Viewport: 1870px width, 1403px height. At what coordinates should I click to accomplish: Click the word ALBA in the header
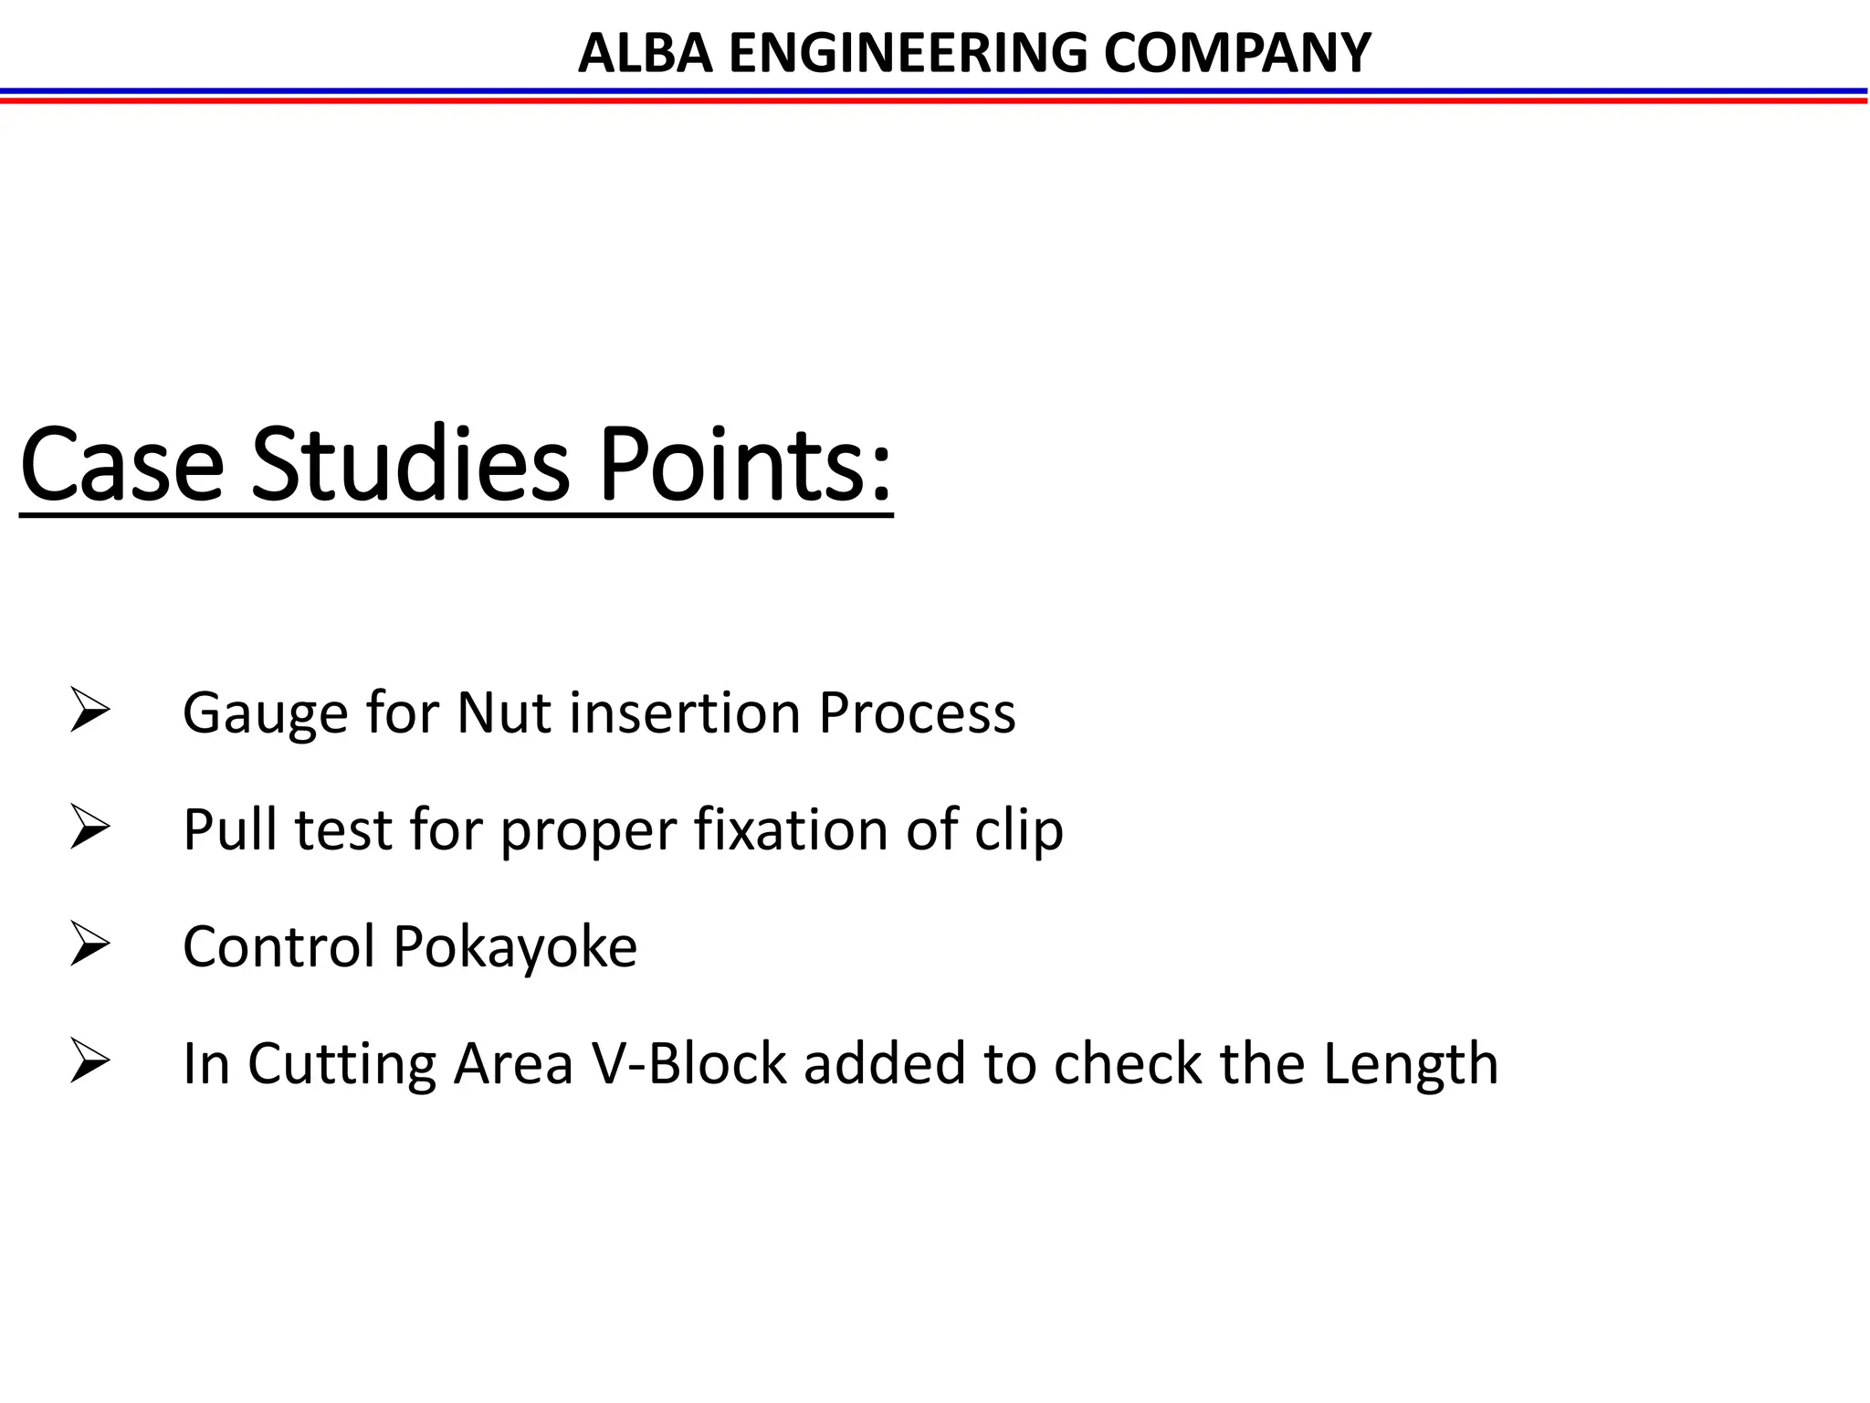[645, 53]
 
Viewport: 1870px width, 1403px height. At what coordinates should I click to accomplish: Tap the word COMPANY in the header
[1237, 53]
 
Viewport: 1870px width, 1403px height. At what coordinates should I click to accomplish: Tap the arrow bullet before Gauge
[89, 712]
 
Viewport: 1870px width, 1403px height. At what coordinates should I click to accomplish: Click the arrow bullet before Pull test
[89, 828]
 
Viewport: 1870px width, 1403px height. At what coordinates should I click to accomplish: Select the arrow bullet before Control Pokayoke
[89, 945]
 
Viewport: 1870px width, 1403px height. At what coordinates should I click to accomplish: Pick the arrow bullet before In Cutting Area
[89, 1062]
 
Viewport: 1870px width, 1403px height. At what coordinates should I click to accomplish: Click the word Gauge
[266, 713]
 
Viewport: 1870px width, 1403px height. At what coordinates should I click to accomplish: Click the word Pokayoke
[515, 946]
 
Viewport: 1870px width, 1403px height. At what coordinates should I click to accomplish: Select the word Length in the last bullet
[1411, 1064]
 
